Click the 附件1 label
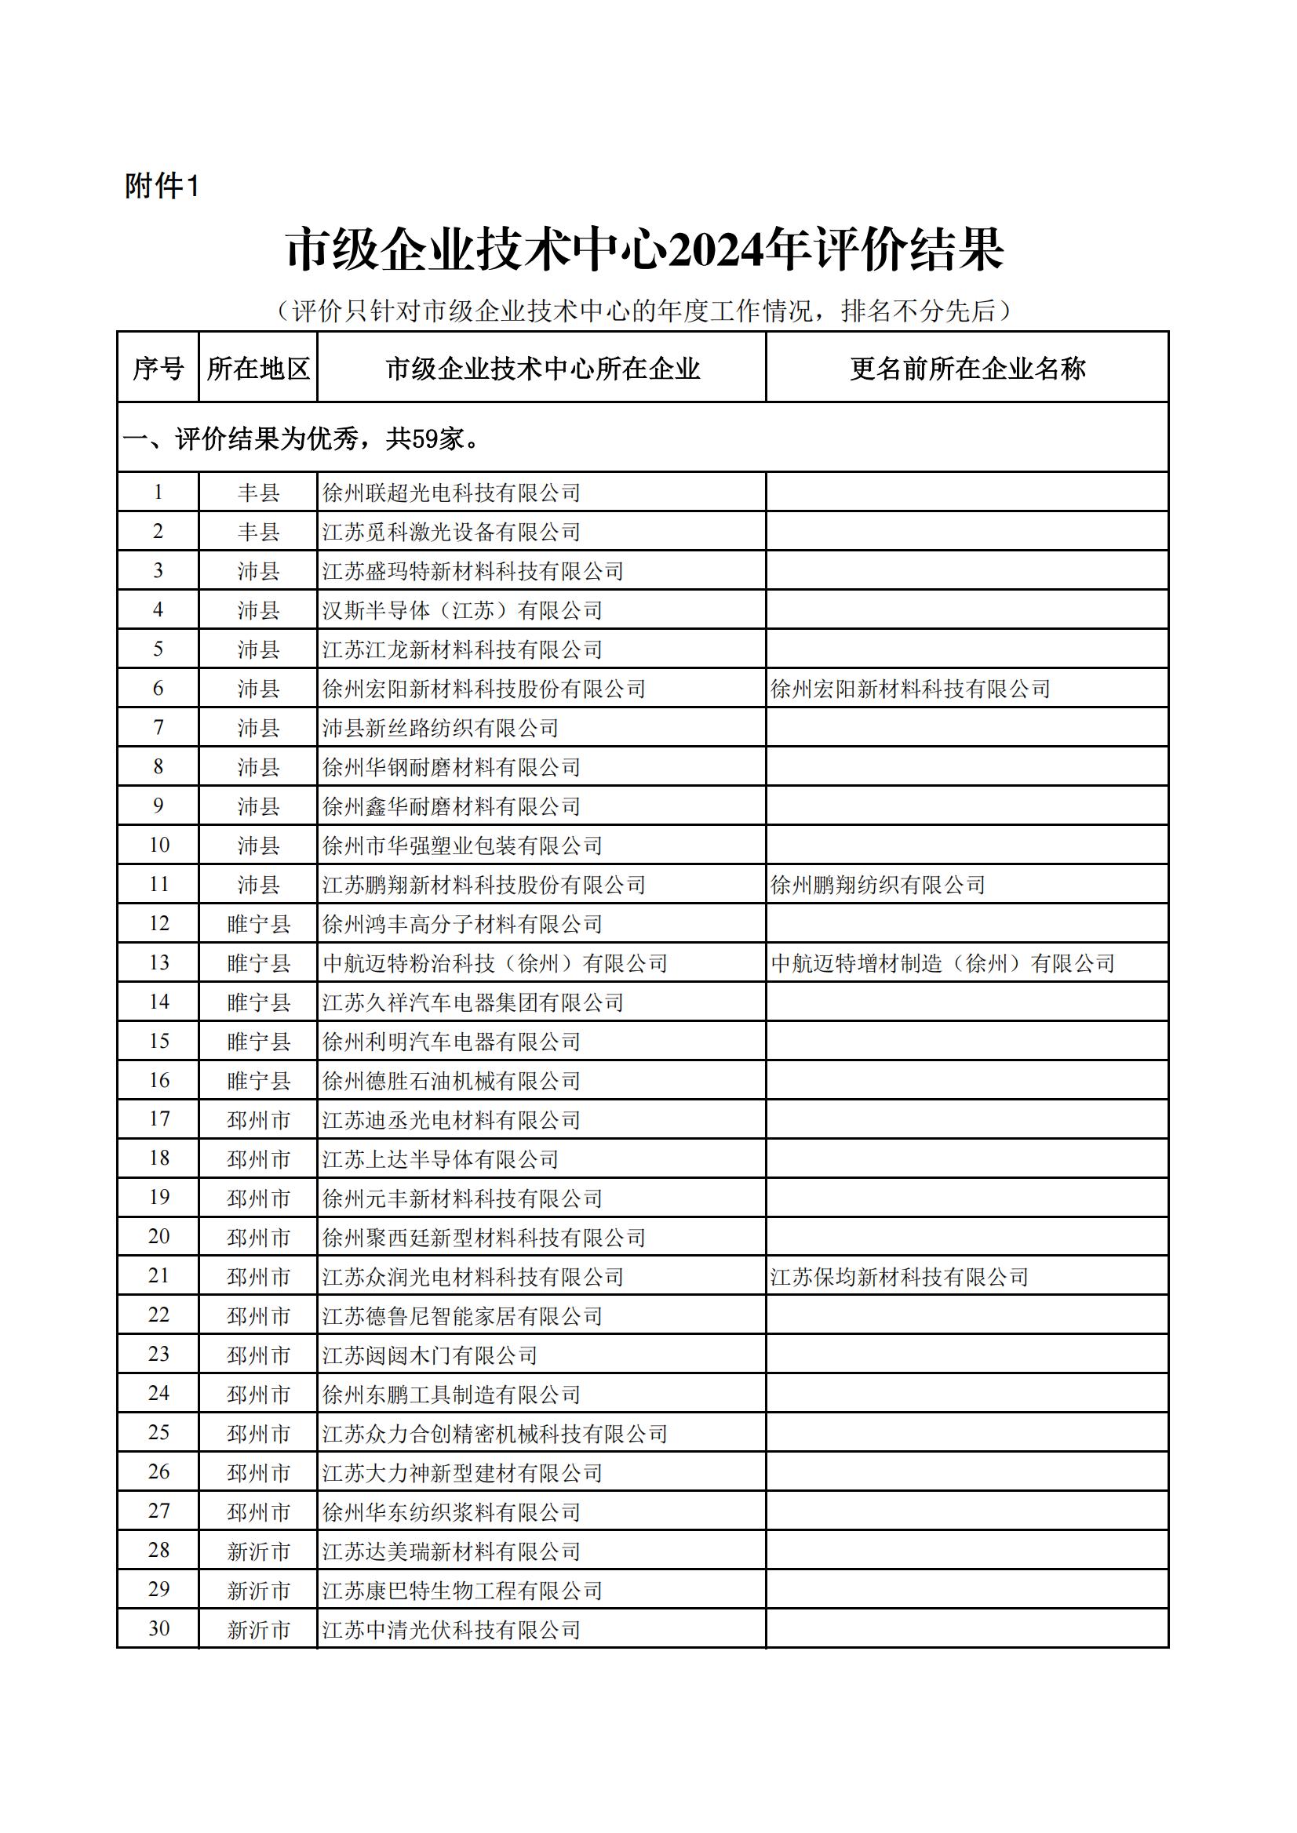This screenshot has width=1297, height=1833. (162, 187)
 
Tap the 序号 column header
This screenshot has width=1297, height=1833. (158, 368)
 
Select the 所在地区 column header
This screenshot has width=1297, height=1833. (258, 368)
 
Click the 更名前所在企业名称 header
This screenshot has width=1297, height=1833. (967, 368)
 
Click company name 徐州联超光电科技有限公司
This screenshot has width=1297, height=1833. (451, 493)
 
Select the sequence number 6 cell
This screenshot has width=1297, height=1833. (158, 688)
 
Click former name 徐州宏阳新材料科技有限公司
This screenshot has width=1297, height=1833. (910, 689)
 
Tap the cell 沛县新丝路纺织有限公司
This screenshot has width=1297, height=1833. (440, 728)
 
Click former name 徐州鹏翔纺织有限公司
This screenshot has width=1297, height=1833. (878, 885)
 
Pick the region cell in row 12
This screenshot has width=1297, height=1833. (258, 924)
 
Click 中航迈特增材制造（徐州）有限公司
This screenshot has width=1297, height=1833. (942, 963)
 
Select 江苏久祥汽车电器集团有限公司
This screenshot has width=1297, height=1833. (473, 1002)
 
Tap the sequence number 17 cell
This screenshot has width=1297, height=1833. (158, 1119)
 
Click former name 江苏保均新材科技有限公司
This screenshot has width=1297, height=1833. (899, 1277)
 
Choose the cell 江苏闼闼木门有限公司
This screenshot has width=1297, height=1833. (430, 1355)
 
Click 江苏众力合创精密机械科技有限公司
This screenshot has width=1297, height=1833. (494, 1434)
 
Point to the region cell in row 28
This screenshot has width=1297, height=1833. (258, 1551)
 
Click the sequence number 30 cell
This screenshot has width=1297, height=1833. (158, 1629)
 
